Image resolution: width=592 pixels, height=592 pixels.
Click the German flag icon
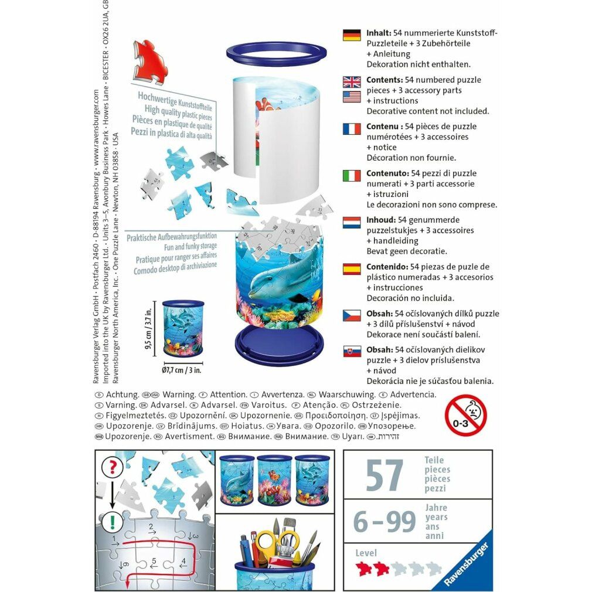(x=352, y=35)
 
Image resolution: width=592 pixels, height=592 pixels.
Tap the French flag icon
(x=352, y=128)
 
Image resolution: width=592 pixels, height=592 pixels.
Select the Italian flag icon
(x=352, y=175)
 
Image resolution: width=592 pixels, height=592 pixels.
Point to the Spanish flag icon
(x=352, y=269)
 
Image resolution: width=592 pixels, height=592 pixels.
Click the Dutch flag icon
(x=352, y=222)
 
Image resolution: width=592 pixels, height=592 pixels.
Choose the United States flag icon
(x=352, y=96)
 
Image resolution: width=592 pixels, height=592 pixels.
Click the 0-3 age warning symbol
(x=465, y=414)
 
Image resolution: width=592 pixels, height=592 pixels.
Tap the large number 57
(x=385, y=475)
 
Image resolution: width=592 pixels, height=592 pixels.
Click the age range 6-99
(x=385, y=521)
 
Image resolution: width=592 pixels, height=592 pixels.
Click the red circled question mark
(x=112, y=467)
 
